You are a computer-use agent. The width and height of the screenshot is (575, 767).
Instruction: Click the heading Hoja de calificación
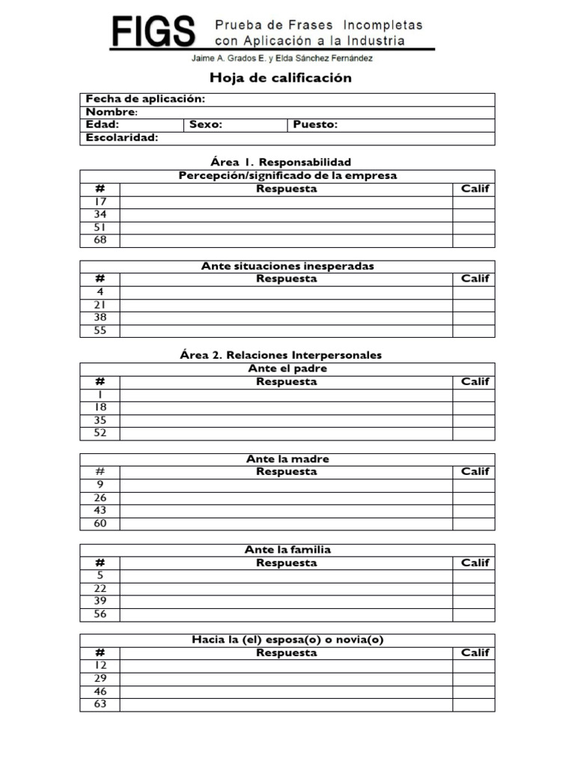281,78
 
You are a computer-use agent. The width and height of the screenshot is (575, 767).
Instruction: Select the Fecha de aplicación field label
145,100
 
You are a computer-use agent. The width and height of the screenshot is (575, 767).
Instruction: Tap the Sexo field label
206,125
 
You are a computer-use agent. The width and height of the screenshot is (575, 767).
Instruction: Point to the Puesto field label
315,125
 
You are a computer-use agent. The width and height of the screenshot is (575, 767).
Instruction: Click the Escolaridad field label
122,138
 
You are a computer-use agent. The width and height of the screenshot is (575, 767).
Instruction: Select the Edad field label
103,125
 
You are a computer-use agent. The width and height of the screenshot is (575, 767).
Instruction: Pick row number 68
100,240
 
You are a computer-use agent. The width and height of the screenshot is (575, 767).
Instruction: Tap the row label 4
100,291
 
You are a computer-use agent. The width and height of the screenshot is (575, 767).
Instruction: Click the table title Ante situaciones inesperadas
287,266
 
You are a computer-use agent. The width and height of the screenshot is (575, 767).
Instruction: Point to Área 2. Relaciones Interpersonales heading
287,355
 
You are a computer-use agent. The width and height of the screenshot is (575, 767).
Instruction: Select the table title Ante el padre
287,369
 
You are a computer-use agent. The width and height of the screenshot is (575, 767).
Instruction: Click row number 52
100,433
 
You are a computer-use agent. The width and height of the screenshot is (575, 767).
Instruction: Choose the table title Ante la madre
287,458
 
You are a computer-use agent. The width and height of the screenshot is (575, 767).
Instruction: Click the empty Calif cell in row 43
474,510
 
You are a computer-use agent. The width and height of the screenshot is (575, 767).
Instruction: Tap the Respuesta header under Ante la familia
286,563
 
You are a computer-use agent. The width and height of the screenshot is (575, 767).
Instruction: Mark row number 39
100,601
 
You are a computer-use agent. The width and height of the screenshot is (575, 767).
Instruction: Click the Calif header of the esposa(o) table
475,652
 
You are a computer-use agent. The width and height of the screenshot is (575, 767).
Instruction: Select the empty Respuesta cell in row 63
286,704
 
